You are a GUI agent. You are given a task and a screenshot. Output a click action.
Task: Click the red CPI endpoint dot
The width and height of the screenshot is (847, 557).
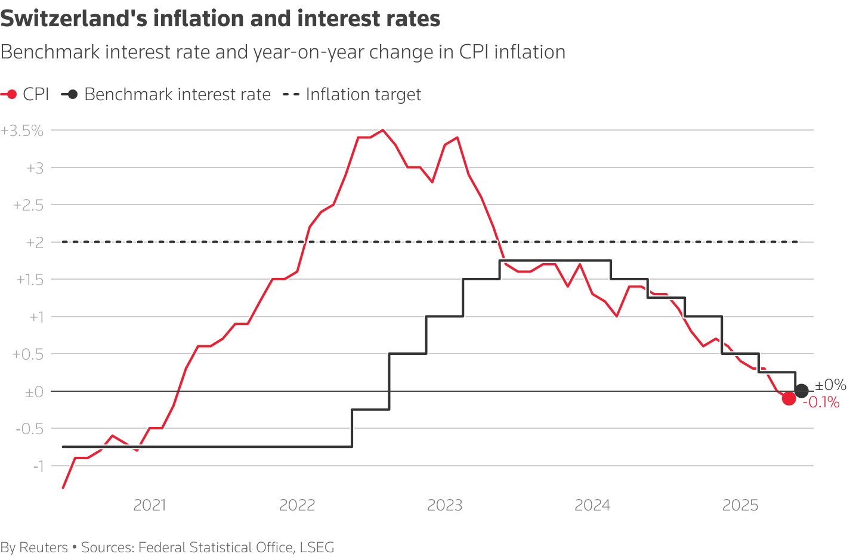pos(789,398)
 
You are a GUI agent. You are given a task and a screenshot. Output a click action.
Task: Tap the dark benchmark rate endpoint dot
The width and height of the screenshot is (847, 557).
pos(802,391)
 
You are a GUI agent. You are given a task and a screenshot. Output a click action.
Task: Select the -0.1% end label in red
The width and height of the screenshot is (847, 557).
pos(821,403)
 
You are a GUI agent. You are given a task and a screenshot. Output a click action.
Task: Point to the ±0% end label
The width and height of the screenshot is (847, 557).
pos(830,385)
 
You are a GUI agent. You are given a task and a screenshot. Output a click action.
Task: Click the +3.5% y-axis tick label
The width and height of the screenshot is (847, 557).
pos(23,131)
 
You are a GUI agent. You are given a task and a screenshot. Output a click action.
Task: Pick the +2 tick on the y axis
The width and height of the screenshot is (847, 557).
pos(35,243)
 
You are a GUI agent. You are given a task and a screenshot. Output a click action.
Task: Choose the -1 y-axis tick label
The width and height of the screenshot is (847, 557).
pos(38,466)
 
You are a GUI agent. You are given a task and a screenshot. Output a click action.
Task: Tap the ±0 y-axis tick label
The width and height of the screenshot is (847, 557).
pos(34,392)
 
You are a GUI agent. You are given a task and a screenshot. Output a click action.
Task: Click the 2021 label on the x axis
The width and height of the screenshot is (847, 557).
pos(150,506)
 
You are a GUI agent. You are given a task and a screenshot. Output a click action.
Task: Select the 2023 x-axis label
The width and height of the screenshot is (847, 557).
pos(445,506)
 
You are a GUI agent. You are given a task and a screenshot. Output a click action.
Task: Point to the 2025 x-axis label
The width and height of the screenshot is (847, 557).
pos(740,506)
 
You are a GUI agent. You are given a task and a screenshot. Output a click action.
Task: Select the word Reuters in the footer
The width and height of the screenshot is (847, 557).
pos(44,547)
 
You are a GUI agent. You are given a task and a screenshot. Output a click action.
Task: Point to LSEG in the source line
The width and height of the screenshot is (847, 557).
pos(317,547)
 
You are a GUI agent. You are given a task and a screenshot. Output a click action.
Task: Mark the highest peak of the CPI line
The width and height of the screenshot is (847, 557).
pos(382,130)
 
